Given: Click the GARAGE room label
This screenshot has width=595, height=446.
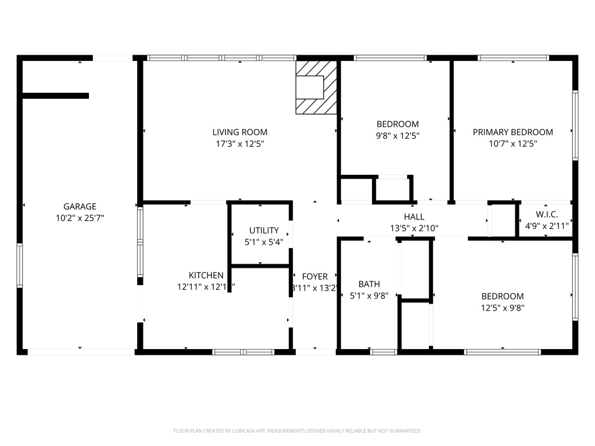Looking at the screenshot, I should pos(80,206).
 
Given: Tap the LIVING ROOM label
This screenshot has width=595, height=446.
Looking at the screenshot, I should pos(239,132).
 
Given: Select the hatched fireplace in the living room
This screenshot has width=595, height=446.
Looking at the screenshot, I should pos(316,87).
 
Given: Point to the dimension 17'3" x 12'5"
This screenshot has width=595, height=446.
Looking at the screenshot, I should pos(239,143).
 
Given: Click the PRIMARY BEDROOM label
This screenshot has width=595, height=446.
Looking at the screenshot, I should pos(512,132).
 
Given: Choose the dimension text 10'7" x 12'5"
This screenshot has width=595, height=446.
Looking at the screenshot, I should pos(512,143).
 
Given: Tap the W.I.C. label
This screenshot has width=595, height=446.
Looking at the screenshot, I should pos(547,214).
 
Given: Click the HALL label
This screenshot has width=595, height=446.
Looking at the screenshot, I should pos(414,217).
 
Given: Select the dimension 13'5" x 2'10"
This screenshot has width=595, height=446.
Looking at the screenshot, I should pos(414,228).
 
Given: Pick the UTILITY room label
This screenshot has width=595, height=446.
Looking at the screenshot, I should pos(264,230).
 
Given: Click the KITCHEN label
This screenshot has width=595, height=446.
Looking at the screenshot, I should pos(206,275).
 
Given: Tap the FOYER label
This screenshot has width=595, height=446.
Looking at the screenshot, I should pos(314,276).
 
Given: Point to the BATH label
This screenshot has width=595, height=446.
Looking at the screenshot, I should pos(369,284).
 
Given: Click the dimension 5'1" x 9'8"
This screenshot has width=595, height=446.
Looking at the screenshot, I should pos(369,296).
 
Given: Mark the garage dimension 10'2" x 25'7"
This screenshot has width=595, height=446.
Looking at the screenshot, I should pos(80,218).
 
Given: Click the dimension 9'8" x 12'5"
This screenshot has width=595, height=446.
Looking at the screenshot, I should pos(397,135).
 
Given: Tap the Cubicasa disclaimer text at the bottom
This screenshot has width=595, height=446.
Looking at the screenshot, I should pos(297,431).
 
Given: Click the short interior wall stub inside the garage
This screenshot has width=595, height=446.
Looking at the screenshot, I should pos(56,96).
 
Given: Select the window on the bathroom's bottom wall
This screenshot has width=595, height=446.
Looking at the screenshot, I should pos(383,351).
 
